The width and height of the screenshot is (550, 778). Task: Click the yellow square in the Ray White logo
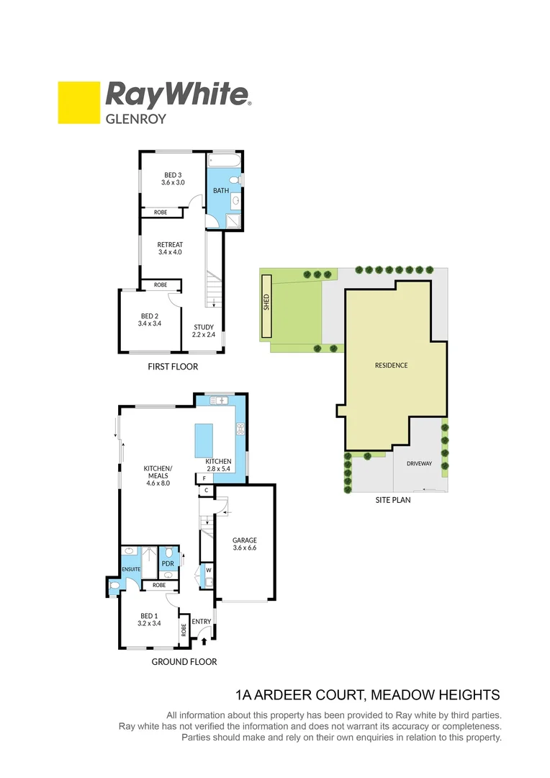click(x=78, y=102)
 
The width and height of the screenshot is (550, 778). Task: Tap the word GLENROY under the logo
click(x=136, y=119)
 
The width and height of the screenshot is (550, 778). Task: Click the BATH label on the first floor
click(x=221, y=191)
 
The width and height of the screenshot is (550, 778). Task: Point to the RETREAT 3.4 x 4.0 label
click(x=170, y=249)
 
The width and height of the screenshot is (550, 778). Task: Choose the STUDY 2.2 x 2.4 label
click(x=204, y=331)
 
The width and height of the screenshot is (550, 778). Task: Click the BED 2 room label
click(x=149, y=320)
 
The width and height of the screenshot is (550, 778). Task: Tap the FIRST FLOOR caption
click(x=172, y=367)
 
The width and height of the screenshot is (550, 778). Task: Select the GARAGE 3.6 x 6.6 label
click(x=245, y=544)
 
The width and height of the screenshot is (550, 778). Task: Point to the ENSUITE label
click(x=130, y=569)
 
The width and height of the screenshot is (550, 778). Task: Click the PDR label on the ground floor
click(x=168, y=563)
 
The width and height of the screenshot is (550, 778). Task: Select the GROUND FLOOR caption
click(x=184, y=661)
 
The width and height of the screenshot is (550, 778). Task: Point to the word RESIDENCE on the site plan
click(x=391, y=365)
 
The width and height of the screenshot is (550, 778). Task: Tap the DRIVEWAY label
click(x=419, y=464)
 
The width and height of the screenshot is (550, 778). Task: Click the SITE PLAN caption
click(x=393, y=499)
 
